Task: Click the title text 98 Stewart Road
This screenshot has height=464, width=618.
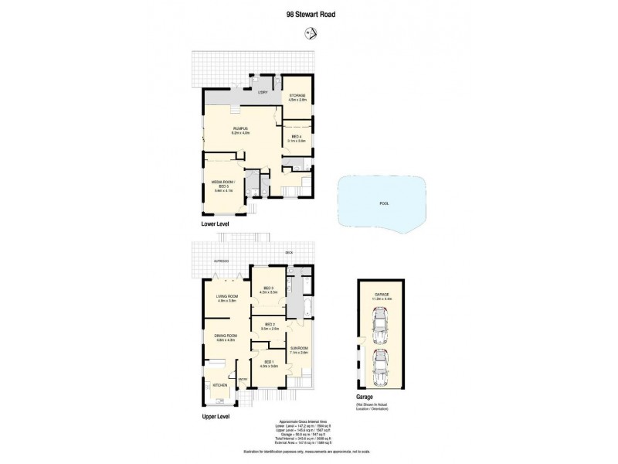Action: [x=309, y=13]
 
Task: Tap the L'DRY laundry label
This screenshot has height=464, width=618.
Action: [x=262, y=91]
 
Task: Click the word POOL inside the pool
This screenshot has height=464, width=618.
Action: [x=383, y=203]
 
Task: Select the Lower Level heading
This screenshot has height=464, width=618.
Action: [x=216, y=223]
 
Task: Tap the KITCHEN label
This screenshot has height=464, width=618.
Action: [x=220, y=384]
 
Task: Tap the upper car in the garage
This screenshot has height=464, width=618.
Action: [x=379, y=326]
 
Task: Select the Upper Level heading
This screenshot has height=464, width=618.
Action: [x=217, y=416]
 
